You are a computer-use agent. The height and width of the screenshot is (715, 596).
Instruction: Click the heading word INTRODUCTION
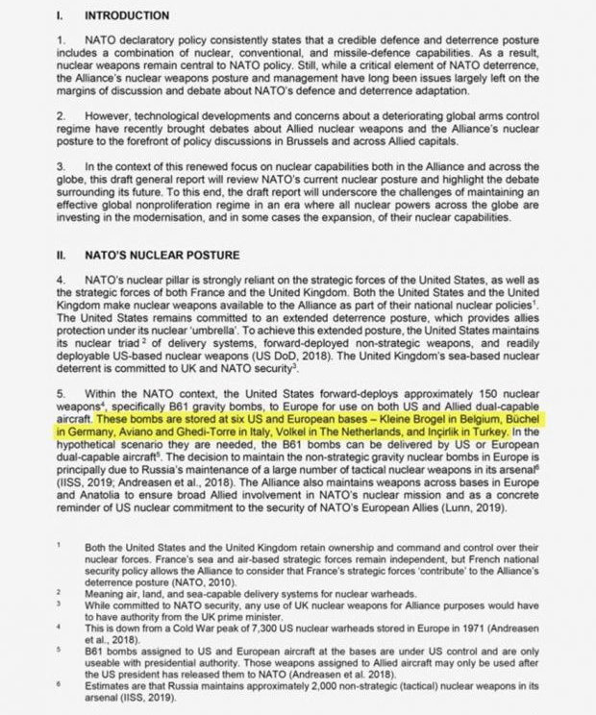click(x=128, y=16)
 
